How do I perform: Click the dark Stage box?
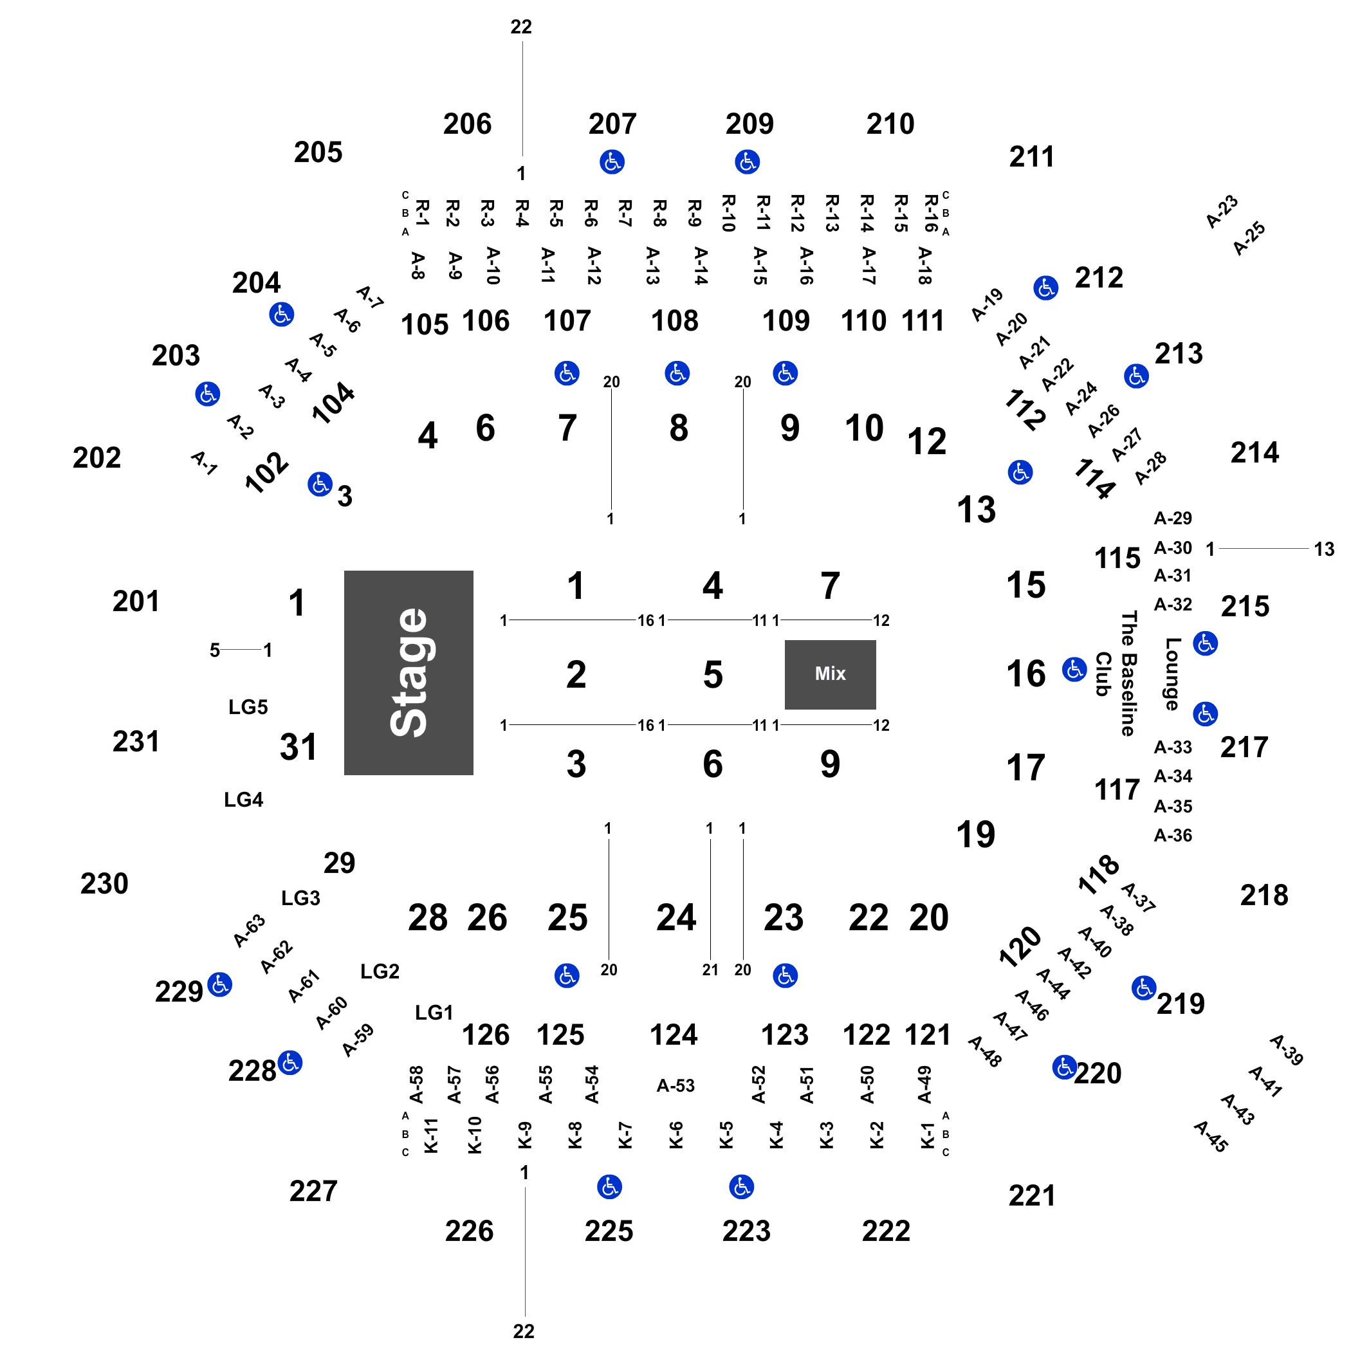409,673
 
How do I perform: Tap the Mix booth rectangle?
830,674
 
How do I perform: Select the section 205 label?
318,152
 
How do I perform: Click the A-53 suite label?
675,1085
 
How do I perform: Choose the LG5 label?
248,707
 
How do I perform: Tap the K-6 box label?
675,1134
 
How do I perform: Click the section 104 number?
333,403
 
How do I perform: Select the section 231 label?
136,741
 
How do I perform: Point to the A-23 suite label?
1222,212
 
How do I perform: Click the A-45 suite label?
1211,1136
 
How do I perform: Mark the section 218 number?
1264,895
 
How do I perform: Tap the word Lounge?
1173,674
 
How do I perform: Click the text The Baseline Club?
1116,674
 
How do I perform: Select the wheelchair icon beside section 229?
220,984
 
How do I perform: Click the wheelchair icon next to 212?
1045,288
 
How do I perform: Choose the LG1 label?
434,1013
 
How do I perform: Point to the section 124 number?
674,1035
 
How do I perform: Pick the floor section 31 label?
299,747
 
